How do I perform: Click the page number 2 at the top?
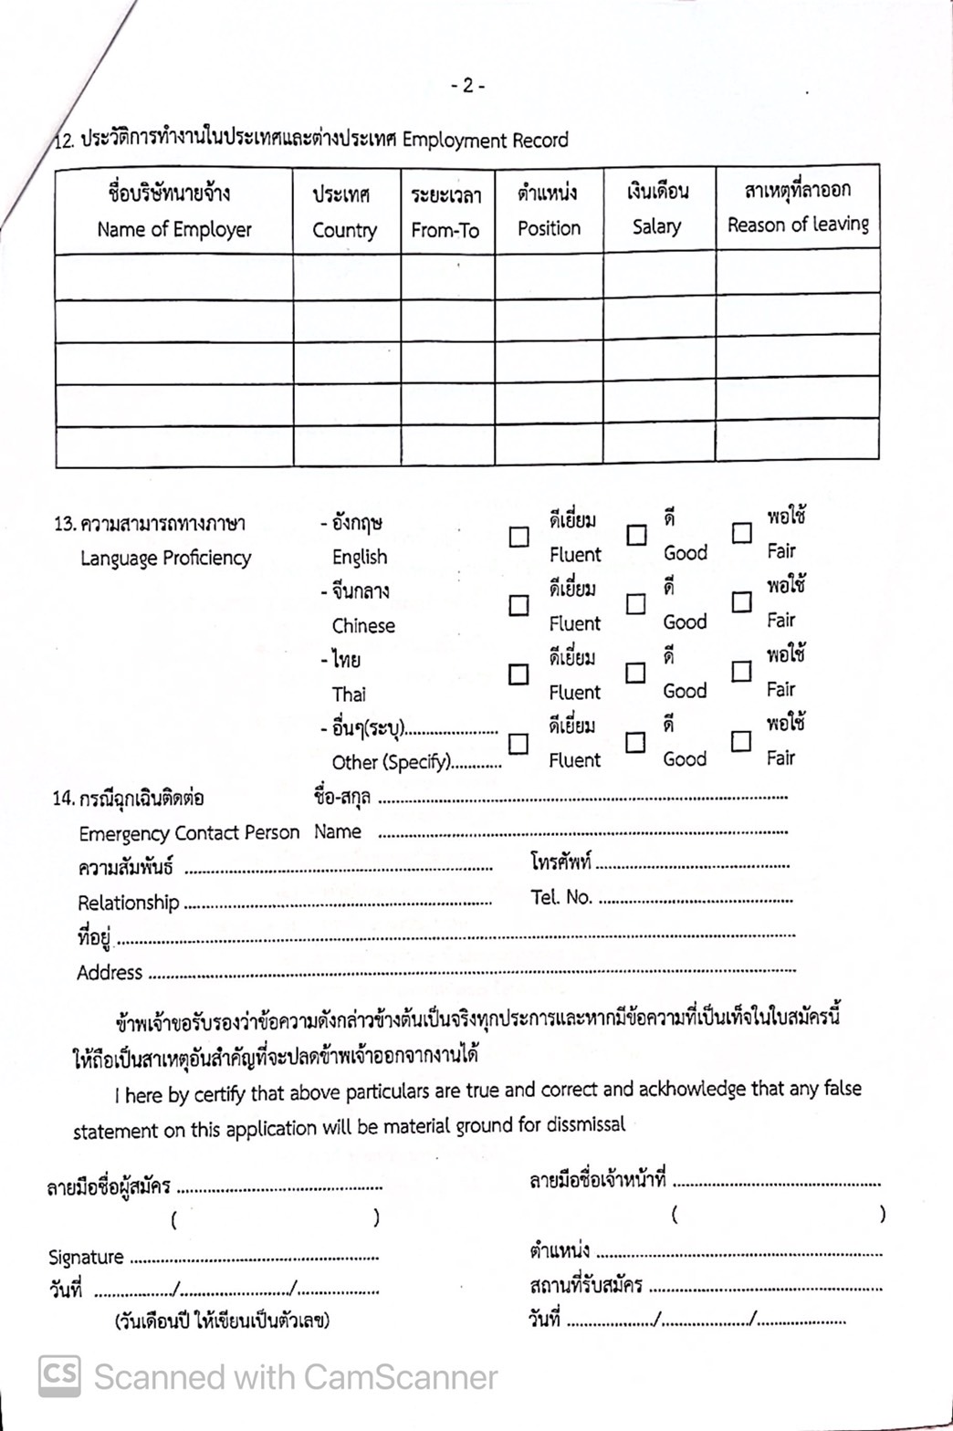click(x=467, y=86)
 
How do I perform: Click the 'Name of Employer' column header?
click(x=174, y=229)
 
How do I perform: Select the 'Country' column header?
click(x=344, y=230)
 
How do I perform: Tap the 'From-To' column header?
click(x=445, y=230)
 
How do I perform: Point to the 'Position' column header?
click(x=549, y=228)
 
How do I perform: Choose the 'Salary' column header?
click(x=656, y=226)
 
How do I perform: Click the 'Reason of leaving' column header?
click(x=798, y=225)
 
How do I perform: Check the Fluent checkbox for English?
click(x=518, y=537)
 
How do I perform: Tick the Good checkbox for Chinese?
click(x=636, y=604)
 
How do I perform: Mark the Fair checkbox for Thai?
click(x=742, y=672)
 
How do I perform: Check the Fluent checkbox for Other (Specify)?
click(x=518, y=744)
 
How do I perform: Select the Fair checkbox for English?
click(x=742, y=532)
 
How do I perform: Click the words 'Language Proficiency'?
click(x=165, y=558)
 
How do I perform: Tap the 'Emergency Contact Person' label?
click(x=189, y=833)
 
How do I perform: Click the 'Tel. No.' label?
click(x=561, y=897)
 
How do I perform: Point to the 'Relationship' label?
click(x=128, y=903)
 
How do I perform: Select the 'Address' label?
click(x=110, y=973)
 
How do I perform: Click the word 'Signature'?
click(x=86, y=1258)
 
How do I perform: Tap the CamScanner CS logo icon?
click(x=59, y=1376)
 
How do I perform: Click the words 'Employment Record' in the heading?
click(x=485, y=141)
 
